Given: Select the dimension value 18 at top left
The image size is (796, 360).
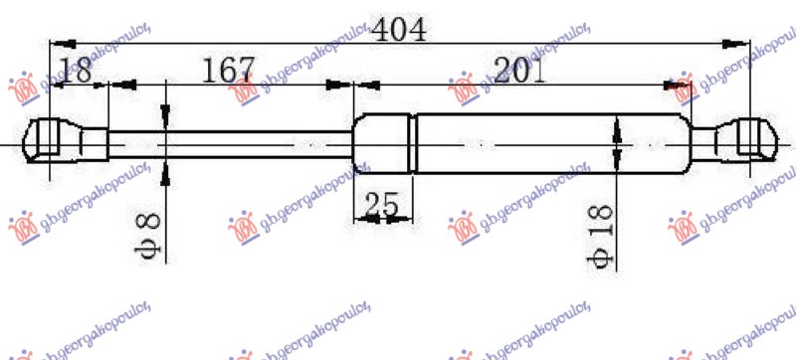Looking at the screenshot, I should tap(77, 72).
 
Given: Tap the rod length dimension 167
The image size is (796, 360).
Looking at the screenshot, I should tap(229, 72).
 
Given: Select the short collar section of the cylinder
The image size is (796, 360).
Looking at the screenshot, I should tap(384, 142).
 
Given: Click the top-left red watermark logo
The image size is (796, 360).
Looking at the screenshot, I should tap(22, 89).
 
